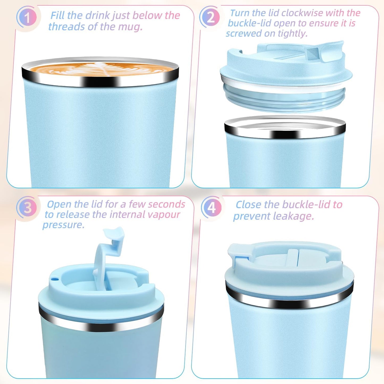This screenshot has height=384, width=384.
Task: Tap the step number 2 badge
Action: click(210, 17)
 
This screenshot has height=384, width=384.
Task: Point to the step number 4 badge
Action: click(212, 207)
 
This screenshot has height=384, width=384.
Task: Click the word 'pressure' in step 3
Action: click(63, 225)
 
